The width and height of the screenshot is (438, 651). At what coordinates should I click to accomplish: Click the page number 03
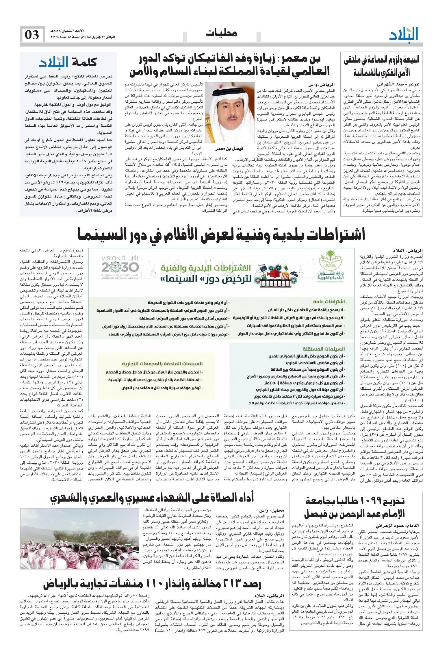tap(32, 35)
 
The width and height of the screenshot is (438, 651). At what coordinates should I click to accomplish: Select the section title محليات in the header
tap(222, 34)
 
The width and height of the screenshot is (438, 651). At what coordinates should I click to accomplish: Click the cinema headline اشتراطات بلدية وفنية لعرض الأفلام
tap(221, 234)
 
